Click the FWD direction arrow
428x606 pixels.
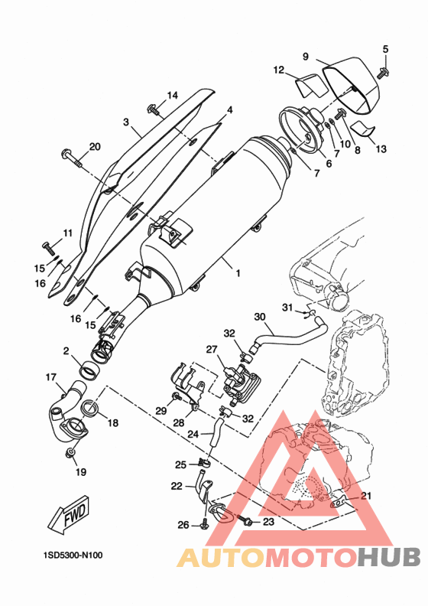coord(70,514)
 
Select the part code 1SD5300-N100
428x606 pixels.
coord(73,555)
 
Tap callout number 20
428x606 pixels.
coord(95,147)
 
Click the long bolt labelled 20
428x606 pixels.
coord(72,158)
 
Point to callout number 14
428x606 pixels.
coord(173,95)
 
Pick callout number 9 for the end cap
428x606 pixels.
coord(306,57)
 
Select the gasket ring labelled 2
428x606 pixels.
coord(89,370)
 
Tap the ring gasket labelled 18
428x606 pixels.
coord(91,408)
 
